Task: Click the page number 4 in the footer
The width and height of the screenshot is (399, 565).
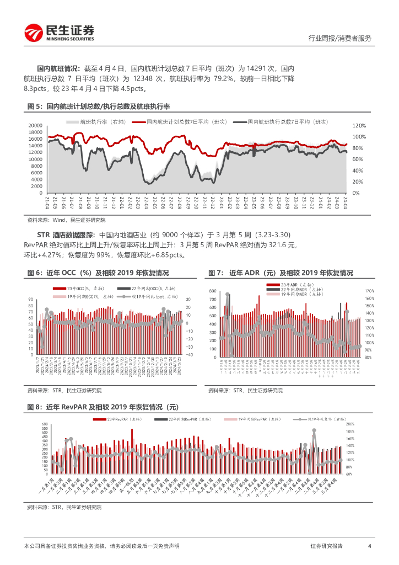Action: tap(369, 546)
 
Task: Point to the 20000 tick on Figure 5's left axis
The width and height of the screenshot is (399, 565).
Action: tap(34, 125)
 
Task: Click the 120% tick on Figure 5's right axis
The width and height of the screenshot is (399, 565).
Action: tap(359, 125)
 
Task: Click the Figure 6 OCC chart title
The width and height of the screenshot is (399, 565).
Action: tap(98, 273)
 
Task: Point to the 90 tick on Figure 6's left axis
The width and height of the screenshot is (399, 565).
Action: tap(31, 299)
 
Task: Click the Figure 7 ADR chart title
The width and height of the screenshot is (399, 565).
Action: tap(281, 273)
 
